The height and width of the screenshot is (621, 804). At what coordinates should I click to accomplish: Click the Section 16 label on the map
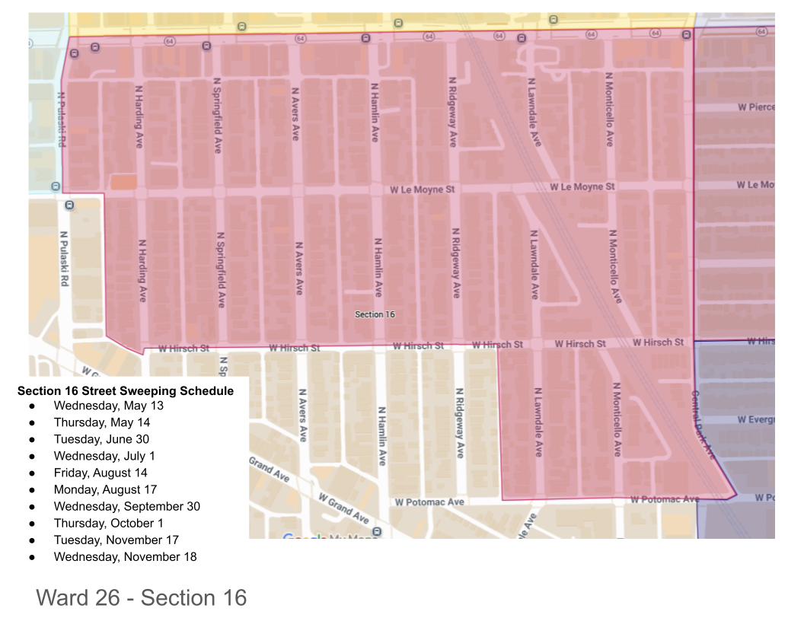[375, 314]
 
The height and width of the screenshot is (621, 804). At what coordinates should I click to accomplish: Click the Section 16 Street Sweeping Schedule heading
[126, 391]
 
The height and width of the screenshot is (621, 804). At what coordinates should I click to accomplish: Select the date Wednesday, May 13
[108, 406]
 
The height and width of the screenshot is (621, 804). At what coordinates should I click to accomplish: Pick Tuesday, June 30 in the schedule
[101, 439]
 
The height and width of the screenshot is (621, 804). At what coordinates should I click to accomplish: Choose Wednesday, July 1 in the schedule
[104, 456]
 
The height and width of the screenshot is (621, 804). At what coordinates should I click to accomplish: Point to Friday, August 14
[100, 473]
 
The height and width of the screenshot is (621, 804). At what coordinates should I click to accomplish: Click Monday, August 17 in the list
[105, 489]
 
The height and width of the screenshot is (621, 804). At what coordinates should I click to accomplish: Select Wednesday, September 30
[126, 506]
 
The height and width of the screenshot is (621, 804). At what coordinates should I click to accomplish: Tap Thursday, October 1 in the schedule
[108, 523]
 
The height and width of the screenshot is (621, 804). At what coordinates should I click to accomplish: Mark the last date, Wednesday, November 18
[125, 557]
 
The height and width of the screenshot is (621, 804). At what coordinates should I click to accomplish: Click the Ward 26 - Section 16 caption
[142, 597]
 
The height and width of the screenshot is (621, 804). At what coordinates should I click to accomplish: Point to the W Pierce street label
[755, 107]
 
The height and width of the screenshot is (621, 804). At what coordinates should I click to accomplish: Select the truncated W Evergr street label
[755, 419]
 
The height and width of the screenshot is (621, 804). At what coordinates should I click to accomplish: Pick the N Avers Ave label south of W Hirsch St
[302, 416]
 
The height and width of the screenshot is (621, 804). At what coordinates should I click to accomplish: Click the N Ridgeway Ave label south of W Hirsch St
[460, 422]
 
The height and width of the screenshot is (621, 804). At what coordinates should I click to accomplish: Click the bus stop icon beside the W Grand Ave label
[376, 531]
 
